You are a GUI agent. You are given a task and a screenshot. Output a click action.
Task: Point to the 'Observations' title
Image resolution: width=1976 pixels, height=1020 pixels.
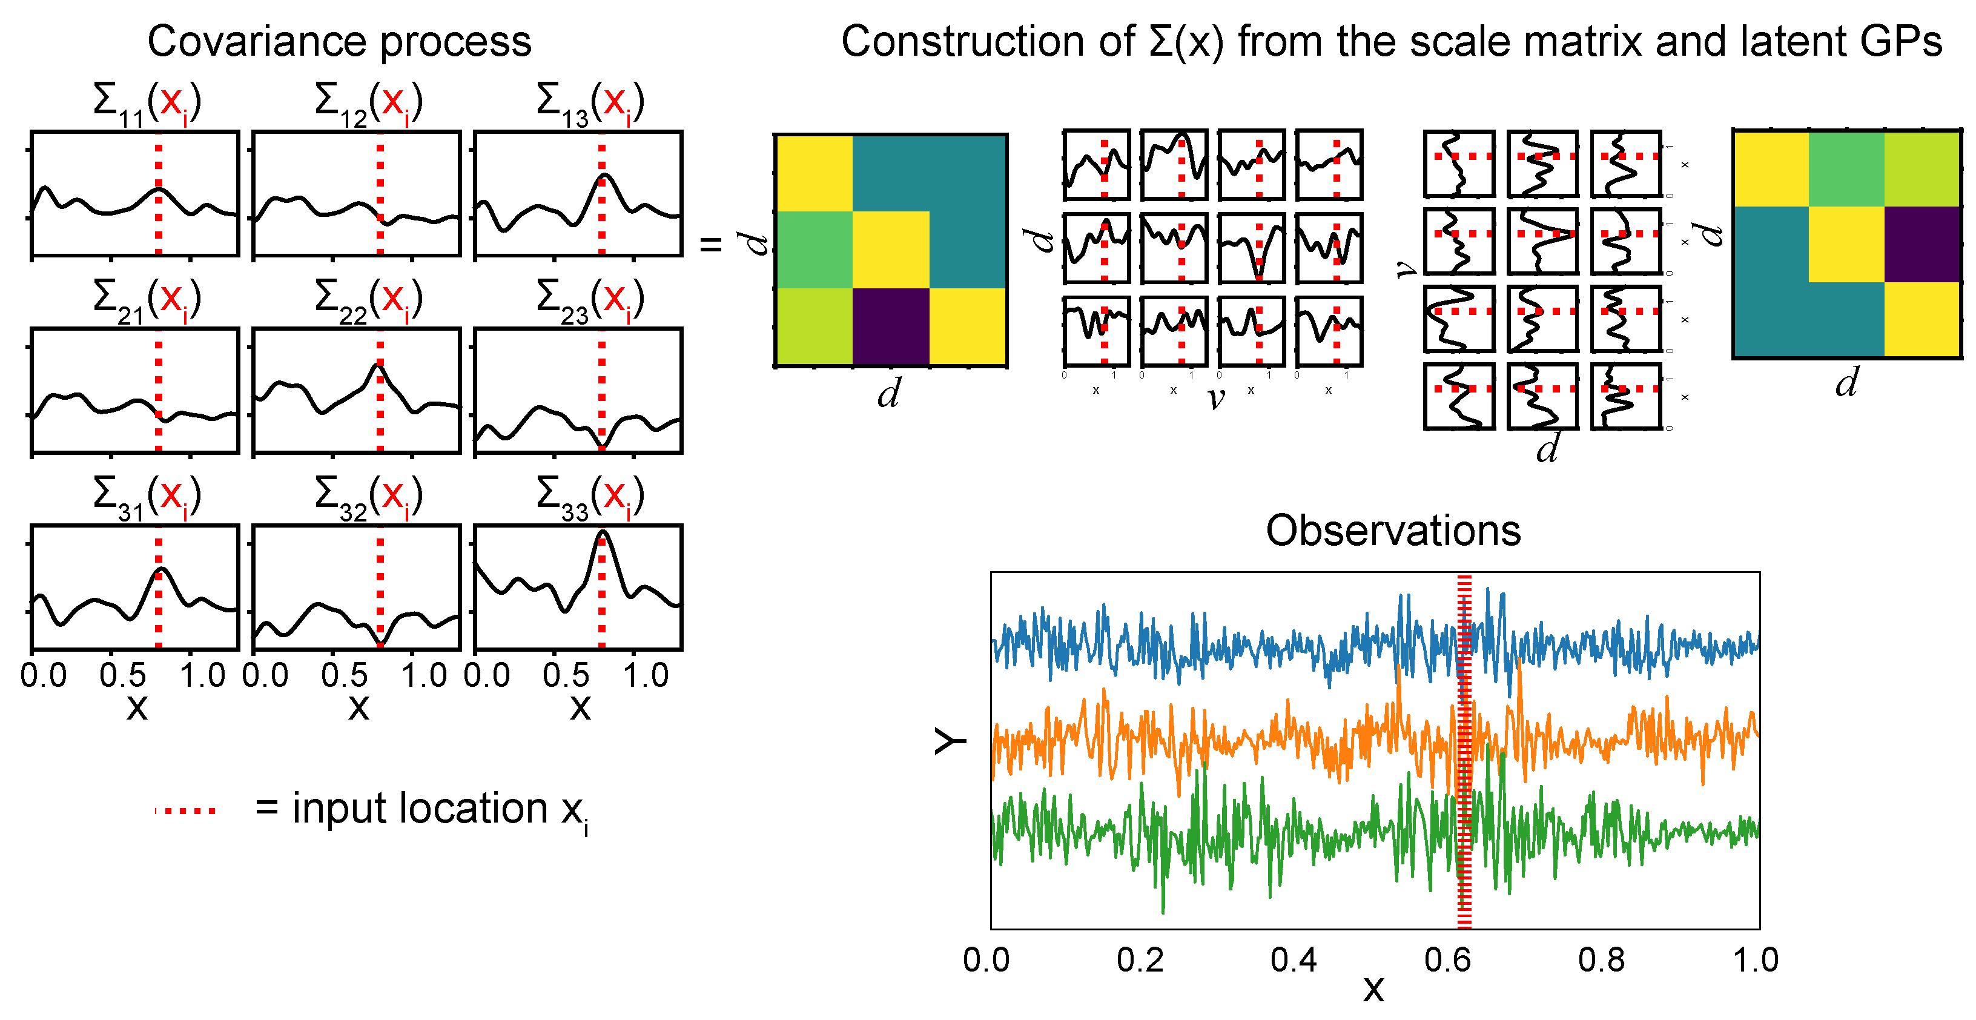(1392, 531)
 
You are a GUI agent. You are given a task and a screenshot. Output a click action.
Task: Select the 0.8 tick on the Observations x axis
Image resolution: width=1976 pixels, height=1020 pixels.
(1602, 960)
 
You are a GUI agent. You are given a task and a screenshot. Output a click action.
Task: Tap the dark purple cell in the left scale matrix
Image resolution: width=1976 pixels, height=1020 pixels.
(891, 326)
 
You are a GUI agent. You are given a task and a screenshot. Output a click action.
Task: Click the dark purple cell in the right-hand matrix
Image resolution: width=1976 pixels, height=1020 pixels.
(1922, 244)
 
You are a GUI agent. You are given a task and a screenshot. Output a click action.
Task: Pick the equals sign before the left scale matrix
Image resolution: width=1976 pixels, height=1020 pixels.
(711, 245)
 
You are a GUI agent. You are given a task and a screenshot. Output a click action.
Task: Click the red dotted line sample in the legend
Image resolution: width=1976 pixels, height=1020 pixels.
(186, 810)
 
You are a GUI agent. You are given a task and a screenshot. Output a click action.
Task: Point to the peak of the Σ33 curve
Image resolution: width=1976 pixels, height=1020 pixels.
(603, 532)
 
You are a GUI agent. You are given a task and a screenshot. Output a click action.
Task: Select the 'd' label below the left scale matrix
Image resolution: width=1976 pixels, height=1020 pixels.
(889, 394)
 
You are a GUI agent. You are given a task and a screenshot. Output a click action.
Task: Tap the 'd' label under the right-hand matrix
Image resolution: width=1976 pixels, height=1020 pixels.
(1846, 382)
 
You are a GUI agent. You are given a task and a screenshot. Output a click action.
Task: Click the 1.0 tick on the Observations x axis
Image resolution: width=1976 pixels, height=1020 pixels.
(1756, 960)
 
